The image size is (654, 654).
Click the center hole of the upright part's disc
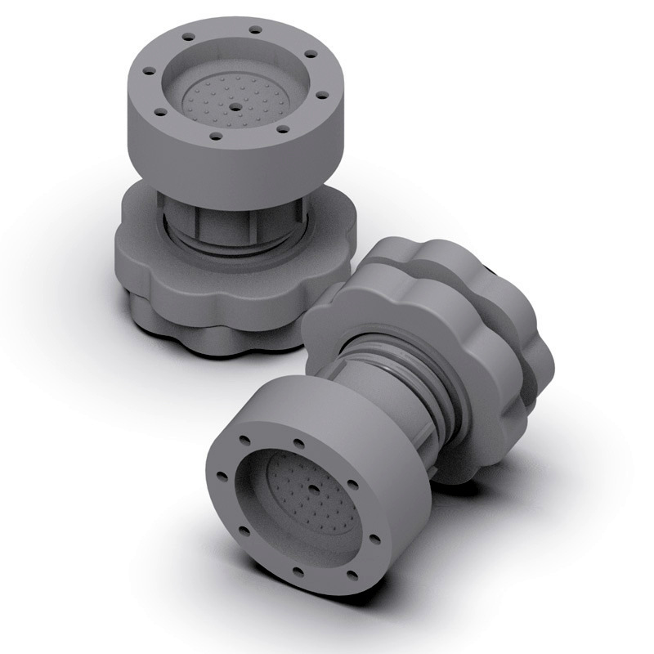pyautogui.click(x=235, y=106)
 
